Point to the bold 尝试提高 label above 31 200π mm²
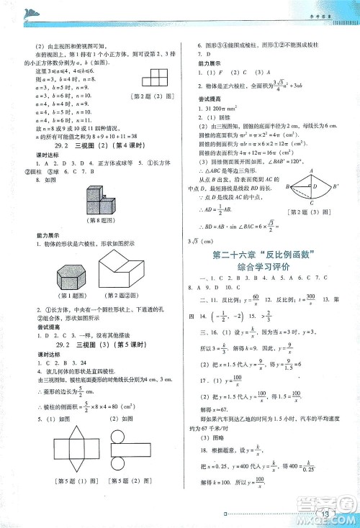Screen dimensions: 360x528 (208, 98)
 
